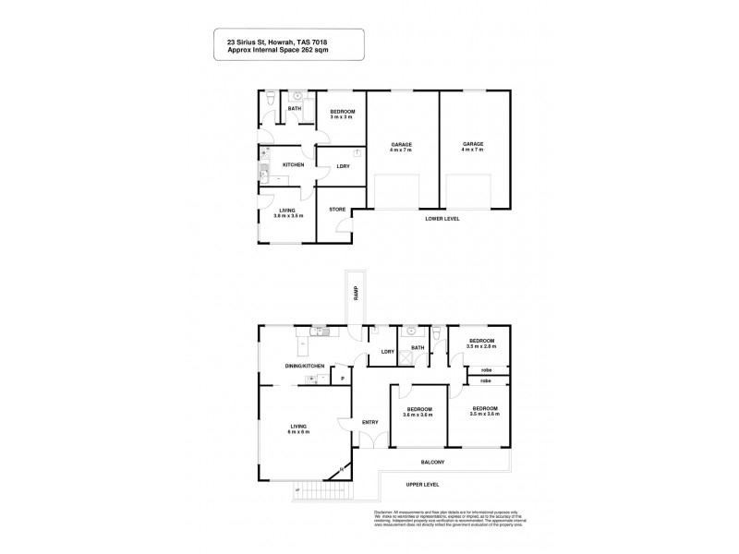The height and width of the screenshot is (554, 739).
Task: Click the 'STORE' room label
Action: click(x=337, y=210)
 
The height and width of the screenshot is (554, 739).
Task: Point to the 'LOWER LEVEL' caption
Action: click(x=442, y=219)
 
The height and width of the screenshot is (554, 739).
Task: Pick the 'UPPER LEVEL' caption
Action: click(x=421, y=483)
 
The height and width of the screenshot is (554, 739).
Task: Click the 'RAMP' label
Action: click(x=355, y=294)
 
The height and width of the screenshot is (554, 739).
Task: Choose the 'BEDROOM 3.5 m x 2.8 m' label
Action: click(x=481, y=343)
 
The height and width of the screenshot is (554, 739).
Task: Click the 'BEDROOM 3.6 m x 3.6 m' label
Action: click(x=418, y=411)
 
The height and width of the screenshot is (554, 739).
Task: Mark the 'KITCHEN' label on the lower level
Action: click(x=293, y=165)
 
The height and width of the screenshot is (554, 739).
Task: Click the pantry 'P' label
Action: click(x=342, y=379)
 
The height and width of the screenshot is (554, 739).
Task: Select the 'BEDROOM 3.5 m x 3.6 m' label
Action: click(x=484, y=411)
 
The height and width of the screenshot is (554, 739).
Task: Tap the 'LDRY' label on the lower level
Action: click(x=342, y=166)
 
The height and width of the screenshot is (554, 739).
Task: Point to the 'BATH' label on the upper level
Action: click(x=418, y=348)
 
